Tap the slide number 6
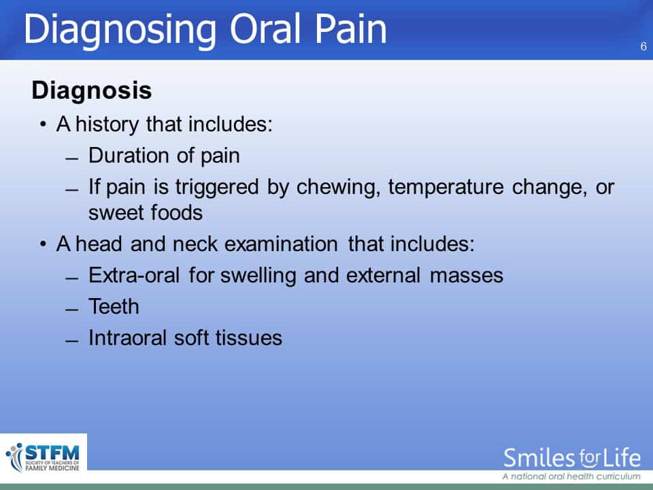pos(643,46)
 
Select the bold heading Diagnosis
pos(92,91)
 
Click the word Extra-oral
pos(134,276)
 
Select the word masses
pos(467,276)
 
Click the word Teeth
pos(114,307)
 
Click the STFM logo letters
pos(52,453)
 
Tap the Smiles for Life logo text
pos(572,458)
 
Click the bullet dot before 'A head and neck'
pos(43,244)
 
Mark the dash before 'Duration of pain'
pos(71,159)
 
